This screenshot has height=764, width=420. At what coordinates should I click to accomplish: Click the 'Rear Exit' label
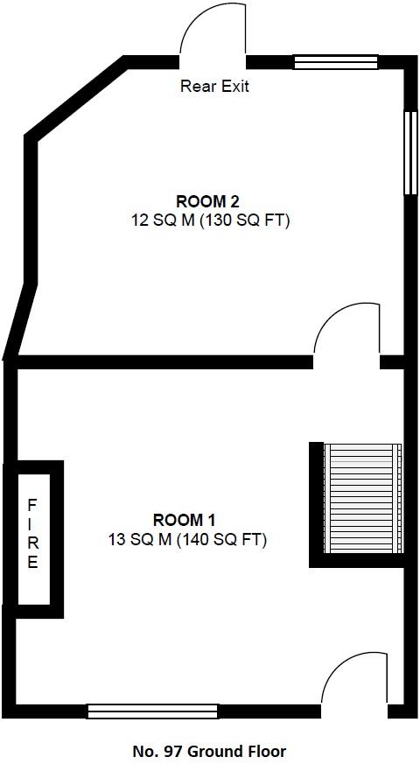[214, 86]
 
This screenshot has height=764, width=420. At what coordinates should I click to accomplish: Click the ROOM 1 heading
[185, 518]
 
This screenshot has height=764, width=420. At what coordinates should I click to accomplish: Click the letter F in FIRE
[32, 505]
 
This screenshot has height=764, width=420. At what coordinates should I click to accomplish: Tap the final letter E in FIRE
[32, 563]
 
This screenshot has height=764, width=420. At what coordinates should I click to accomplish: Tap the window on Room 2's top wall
[335, 61]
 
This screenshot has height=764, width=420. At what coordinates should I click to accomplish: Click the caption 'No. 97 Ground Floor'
[209, 751]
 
